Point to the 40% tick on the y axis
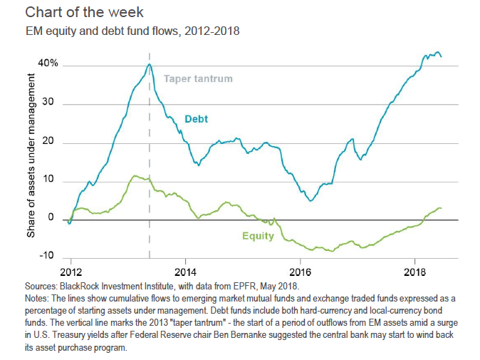(x=48, y=65)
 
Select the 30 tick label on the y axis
(x=51, y=104)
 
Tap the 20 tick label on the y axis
(x=51, y=143)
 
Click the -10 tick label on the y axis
(x=49, y=255)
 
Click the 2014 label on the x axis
(x=185, y=272)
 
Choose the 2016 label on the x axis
(x=300, y=272)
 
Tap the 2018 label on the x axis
(x=414, y=272)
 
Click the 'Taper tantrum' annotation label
(x=198, y=79)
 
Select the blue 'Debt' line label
(x=197, y=119)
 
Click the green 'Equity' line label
(x=257, y=235)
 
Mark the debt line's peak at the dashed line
(x=149, y=64)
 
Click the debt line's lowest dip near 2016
(x=311, y=201)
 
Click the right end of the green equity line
(x=442, y=208)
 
